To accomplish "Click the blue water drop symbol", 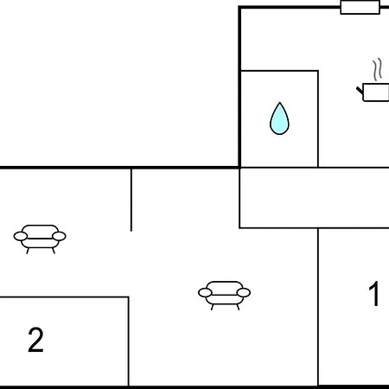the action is [x=279, y=118].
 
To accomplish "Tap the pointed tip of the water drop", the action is [x=279, y=102].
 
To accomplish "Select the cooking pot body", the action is [x=376, y=92].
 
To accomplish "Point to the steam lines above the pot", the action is [x=378, y=70].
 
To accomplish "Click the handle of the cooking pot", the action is [x=360, y=91].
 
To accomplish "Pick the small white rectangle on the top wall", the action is [x=360, y=7].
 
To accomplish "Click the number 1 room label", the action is [x=374, y=294].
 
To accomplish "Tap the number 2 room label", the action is [x=35, y=340].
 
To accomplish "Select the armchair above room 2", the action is [x=40, y=239].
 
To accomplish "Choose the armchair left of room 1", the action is [x=224, y=296].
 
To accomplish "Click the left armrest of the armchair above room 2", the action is [x=21, y=236].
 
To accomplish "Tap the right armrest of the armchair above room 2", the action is [x=59, y=236].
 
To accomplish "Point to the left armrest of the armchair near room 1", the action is [x=205, y=293].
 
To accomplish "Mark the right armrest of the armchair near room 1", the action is [x=244, y=293].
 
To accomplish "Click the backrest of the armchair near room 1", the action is [x=224, y=287].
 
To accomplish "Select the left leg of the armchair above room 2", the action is [x=28, y=251].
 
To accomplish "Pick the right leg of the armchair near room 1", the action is [x=238, y=307].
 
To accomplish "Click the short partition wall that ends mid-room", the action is [x=131, y=200].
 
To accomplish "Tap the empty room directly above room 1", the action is [x=315, y=198].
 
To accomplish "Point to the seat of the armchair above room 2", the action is [x=40, y=243].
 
